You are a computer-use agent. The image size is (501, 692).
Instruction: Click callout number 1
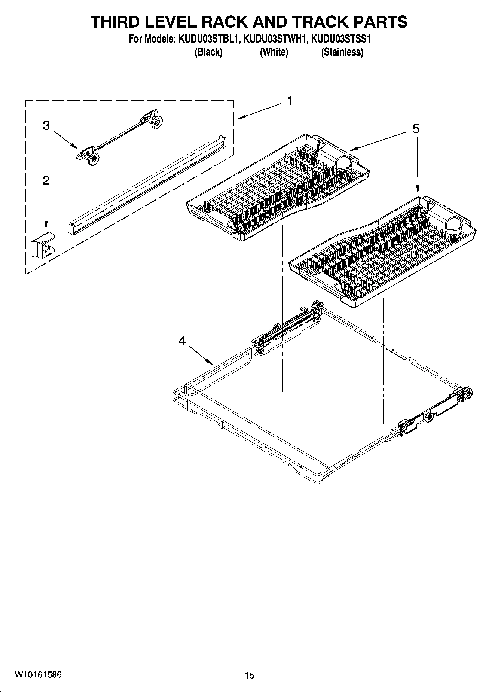pos(290,101)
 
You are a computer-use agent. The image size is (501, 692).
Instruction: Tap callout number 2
pos(46,181)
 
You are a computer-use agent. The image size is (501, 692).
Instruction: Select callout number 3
pos(46,125)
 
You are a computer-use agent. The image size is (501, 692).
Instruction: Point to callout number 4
pos(182,341)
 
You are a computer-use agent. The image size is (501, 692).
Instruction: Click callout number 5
pos(416,129)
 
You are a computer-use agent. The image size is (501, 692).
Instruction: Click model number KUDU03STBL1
pos(208,39)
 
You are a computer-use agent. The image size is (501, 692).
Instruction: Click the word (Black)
pos(208,52)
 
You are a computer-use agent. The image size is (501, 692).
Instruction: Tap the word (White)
pos(274,52)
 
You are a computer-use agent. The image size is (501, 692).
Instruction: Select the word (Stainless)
pos(342,52)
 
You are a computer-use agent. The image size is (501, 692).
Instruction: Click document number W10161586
pos(38,675)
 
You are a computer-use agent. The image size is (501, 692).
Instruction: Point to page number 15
pos(250,676)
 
